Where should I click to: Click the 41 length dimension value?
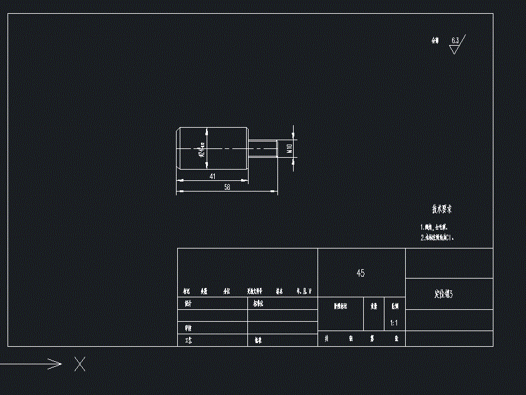(212, 177)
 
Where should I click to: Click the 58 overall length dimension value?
(227, 187)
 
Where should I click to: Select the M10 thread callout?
(289, 149)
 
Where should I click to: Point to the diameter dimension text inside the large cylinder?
(202, 149)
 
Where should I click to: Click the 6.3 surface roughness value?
(455, 41)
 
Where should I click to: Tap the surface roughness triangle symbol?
(454, 49)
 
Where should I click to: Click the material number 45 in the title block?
(361, 274)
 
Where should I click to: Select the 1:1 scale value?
(394, 323)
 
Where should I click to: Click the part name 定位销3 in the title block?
(443, 294)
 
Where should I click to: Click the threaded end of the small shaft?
(263, 149)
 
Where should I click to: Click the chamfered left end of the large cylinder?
(179, 149)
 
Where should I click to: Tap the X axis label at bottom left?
(80, 364)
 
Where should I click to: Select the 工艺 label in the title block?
(187, 341)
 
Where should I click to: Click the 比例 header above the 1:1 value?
(394, 307)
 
